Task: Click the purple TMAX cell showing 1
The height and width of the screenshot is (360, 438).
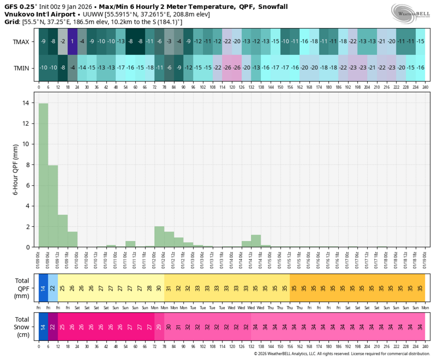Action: [x=72, y=41]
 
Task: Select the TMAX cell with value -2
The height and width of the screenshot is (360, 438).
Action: [x=63, y=41]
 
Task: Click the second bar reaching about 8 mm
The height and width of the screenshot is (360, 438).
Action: [x=53, y=206]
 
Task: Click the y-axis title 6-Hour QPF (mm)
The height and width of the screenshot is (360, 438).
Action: [x=15, y=170]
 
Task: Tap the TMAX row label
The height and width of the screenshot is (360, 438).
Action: [x=21, y=42]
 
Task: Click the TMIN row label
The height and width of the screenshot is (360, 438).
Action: [x=21, y=68]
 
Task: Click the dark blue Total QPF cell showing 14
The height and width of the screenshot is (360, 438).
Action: [x=43, y=287]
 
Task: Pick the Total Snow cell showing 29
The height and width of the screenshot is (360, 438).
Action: [x=159, y=327]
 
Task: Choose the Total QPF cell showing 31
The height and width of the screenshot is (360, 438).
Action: [x=169, y=287]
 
